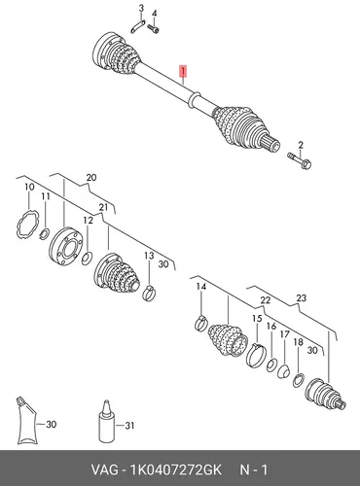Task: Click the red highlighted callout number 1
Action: point(184,71)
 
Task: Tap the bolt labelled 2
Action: point(300,160)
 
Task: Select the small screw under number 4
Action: point(154,28)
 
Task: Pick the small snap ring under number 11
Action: point(45,232)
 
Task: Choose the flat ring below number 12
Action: point(87,258)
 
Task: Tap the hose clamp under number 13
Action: point(149,293)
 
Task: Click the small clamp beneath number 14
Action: point(200,323)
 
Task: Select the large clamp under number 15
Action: point(256,355)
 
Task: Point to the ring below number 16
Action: point(271,364)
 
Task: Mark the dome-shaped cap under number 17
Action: point(284,371)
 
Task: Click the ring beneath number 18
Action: point(299,380)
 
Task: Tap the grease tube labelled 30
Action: point(27,421)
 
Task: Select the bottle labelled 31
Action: point(106,422)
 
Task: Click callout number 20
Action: point(91,177)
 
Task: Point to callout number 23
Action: point(302,297)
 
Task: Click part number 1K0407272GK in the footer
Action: point(175,469)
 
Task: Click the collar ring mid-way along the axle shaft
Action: point(195,99)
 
